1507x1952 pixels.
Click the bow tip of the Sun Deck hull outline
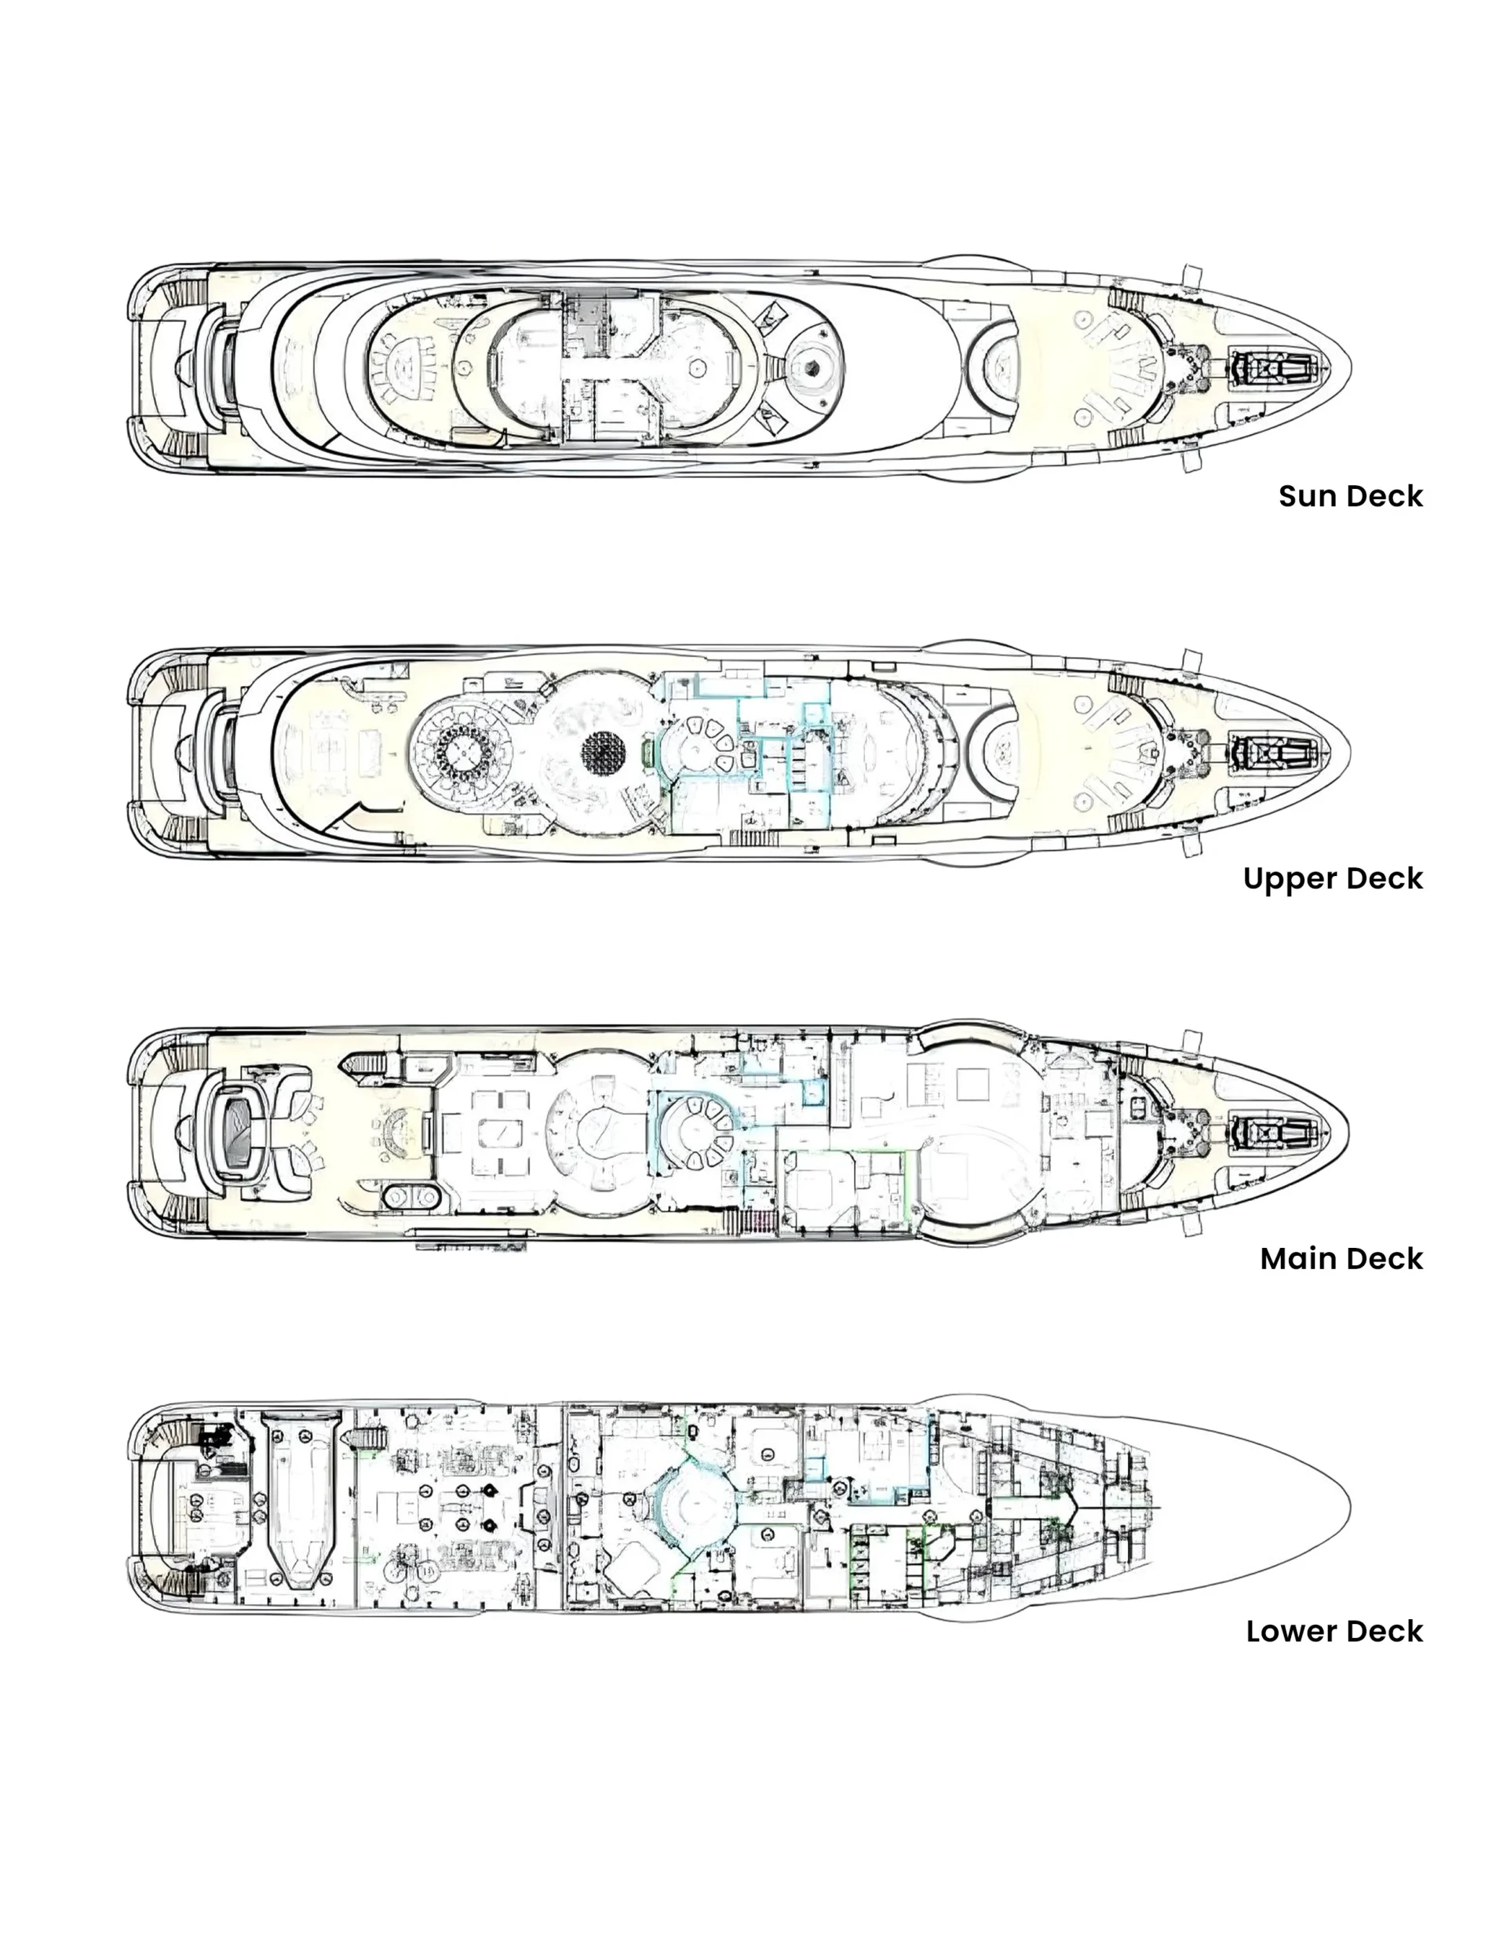(x=1351, y=367)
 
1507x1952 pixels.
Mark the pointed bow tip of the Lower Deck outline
(x=1351, y=1508)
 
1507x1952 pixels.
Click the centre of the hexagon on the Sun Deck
(x=810, y=367)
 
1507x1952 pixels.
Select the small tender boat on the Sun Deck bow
(x=1275, y=367)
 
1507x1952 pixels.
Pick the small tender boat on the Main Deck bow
(x=1275, y=1133)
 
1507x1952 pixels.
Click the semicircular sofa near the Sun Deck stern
(x=407, y=367)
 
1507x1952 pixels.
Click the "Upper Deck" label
(x=1333, y=877)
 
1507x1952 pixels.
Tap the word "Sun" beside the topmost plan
(x=1308, y=496)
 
